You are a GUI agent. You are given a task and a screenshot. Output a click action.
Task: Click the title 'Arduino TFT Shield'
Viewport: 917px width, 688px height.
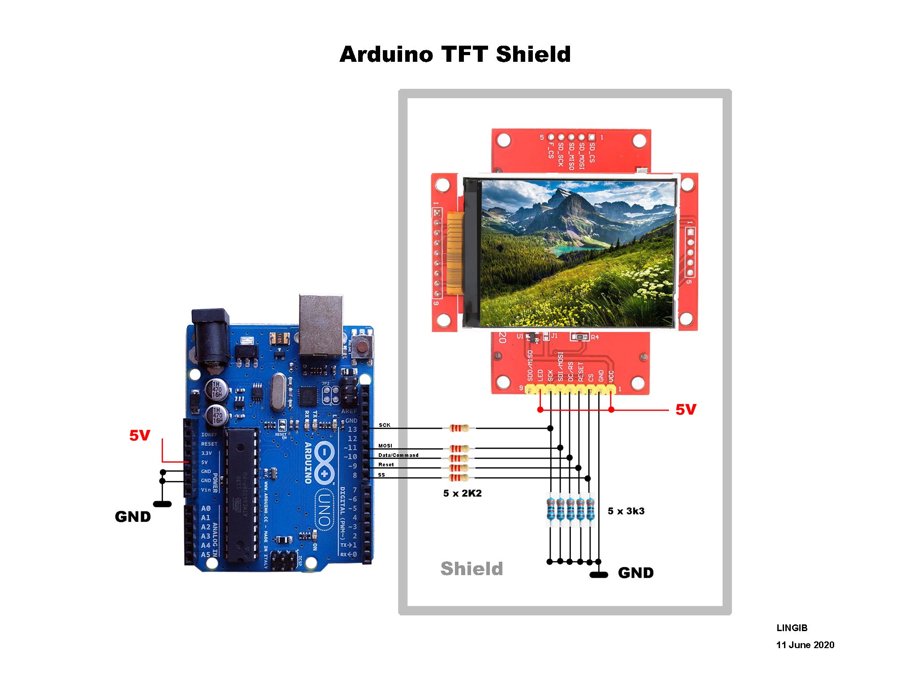[x=455, y=54]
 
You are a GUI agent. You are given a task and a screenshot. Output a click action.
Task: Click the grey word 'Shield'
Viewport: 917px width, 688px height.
[x=471, y=568]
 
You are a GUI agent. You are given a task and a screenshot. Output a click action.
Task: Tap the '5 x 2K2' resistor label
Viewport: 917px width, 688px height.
[x=462, y=493]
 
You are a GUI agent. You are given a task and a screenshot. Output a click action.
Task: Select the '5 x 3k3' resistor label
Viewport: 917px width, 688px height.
[x=626, y=511]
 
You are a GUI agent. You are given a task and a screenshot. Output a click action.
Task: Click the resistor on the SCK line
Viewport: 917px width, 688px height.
[x=459, y=428]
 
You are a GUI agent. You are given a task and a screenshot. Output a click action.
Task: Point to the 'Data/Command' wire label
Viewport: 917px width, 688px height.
[x=398, y=455]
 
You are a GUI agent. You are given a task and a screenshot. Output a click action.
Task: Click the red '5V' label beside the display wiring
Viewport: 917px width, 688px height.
[x=686, y=409]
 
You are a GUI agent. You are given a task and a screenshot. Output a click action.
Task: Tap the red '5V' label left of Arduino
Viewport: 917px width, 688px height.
[x=140, y=435]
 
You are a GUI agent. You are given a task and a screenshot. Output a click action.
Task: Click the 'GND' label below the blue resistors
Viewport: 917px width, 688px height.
[x=635, y=573]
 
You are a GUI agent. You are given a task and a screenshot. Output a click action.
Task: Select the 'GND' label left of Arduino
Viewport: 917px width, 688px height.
[x=133, y=516]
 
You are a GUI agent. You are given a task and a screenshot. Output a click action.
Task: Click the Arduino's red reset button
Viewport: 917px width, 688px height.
[x=362, y=347]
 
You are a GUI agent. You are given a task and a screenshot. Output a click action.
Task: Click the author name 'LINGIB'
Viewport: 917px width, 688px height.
[x=792, y=628]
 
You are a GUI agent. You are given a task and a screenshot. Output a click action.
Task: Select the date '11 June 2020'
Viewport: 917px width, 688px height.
[x=805, y=645]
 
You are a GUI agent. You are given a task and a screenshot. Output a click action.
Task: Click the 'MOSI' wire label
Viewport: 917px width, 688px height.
[x=385, y=446]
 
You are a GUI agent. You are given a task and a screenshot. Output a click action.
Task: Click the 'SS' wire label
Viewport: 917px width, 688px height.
[x=381, y=475]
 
